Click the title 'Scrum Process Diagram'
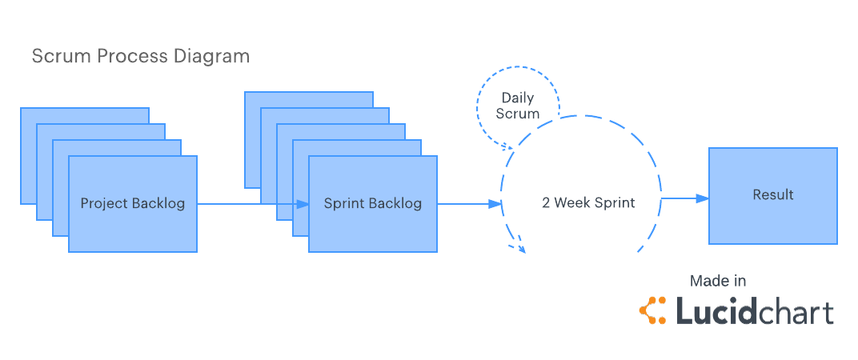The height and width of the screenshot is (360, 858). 140,56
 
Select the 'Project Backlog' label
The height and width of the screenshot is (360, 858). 132,203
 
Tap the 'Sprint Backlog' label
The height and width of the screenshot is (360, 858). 372,203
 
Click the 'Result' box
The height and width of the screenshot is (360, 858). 772,195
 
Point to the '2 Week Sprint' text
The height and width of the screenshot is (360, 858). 588,202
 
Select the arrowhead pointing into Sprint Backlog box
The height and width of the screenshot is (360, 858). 303,204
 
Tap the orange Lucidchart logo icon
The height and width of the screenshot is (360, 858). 653,310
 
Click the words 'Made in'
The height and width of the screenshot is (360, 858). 718,281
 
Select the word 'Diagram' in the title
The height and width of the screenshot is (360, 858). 217,56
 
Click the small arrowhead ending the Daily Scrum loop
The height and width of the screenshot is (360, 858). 508,147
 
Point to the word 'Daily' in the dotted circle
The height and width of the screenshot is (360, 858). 518,98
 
